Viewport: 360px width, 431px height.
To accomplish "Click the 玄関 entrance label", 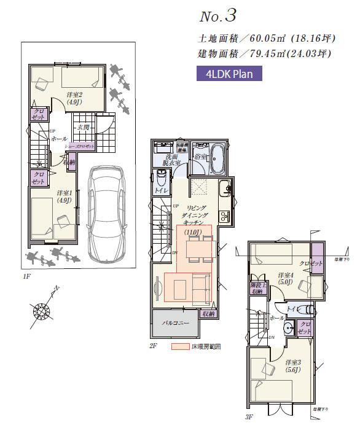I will pyautogui.click(x=83, y=127).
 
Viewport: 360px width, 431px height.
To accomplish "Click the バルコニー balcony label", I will pyautogui.click(x=175, y=322).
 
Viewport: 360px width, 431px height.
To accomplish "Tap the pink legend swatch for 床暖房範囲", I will pyautogui.click(x=181, y=346).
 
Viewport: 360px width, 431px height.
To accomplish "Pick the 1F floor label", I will pyautogui.click(x=26, y=277).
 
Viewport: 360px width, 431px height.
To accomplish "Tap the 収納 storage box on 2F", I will pyautogui.click(x=208, y=314).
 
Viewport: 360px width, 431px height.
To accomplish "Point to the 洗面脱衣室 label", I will pyautogui.click(x=171, y=161).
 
